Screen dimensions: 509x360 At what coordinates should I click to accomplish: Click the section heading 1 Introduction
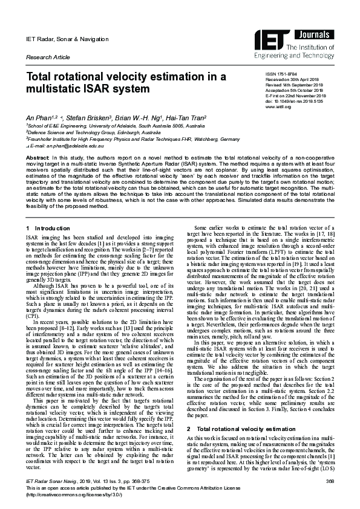click(x=49, y=228)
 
